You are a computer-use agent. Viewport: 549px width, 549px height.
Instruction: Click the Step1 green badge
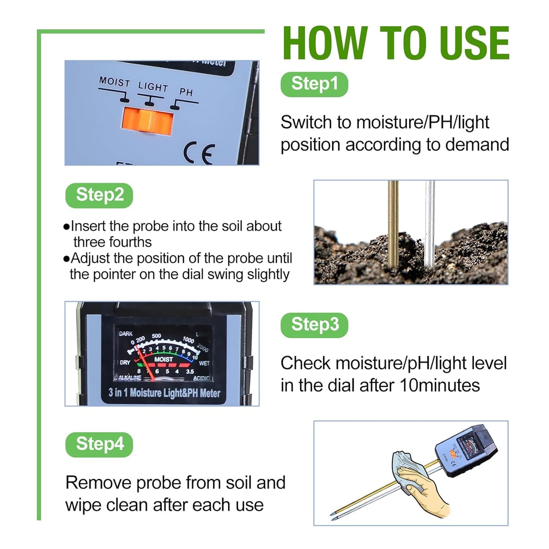[x=314, y=84]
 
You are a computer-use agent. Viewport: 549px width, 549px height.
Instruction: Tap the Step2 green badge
[x=99, y=195]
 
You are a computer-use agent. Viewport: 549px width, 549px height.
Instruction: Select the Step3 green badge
[x=314, y=325]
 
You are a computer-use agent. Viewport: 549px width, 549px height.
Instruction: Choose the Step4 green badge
[x=99, y=444]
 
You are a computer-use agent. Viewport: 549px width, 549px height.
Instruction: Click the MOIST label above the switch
[x=114, y=82]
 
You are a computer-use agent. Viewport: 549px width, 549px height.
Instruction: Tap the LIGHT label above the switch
[x=153, y=87]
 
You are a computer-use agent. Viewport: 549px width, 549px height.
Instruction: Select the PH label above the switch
[x=186, y=92]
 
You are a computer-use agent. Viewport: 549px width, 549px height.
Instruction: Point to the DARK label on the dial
[x=126, y=334]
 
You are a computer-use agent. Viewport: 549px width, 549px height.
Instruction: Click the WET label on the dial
[x=204, y=363]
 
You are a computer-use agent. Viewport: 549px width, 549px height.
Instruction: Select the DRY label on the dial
[x=125, y=362]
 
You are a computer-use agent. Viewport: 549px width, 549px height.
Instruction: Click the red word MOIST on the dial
[x=164, y=359]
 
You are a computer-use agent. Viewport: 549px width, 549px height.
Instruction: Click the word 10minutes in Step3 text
[x=440, y=385]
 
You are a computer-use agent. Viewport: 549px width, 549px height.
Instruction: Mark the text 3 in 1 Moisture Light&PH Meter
[x=164, y=393]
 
